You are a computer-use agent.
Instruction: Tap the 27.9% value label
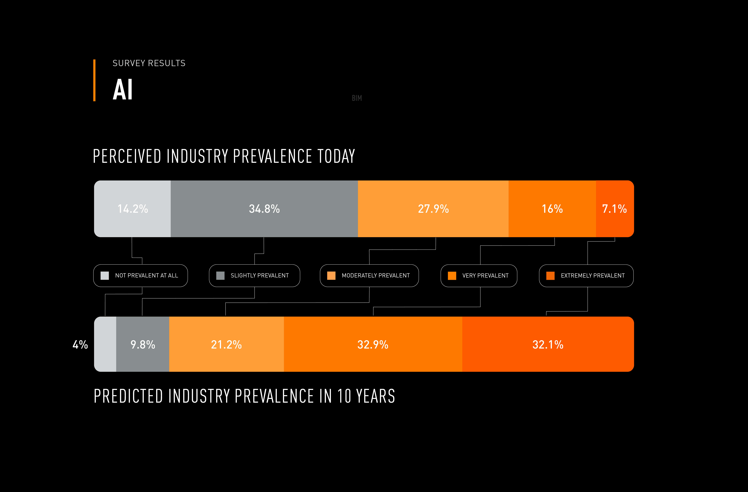pyautogui.click(x=433, y=209)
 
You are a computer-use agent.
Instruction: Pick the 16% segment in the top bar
pyautogui.click(x=552, y=209)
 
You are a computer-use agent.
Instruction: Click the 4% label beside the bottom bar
pyautogui.click(x=80, y=345)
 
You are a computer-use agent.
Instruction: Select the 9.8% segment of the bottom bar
pyautogui.click(x=143, y=345)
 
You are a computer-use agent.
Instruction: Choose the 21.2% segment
pyautogui.click(x=226, y=345)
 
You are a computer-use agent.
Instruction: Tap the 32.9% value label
pyautogui.click(x=373, y=345)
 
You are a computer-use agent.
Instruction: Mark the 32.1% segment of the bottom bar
pyautogui.click(x=548, y=345)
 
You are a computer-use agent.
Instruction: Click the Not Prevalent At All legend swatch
pyautogui.click(x=105, y=276)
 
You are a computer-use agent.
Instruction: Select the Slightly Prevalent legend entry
pyautogui.click(x=255, y=276)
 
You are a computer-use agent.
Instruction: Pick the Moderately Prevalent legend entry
pyautogui.click(x=369, y=276)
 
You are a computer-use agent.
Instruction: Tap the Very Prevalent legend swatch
pyautogui.click(x=452, y=276)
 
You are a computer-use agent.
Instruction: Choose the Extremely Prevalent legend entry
pyautogui.click(x=586, y=276)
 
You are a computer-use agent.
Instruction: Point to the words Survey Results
pyautogui.click(x=149, y=63)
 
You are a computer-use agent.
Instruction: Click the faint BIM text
pyautogui.click(x=357, y=98)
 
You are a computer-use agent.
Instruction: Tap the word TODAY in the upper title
pyautogui.click(x=336, y=156)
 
